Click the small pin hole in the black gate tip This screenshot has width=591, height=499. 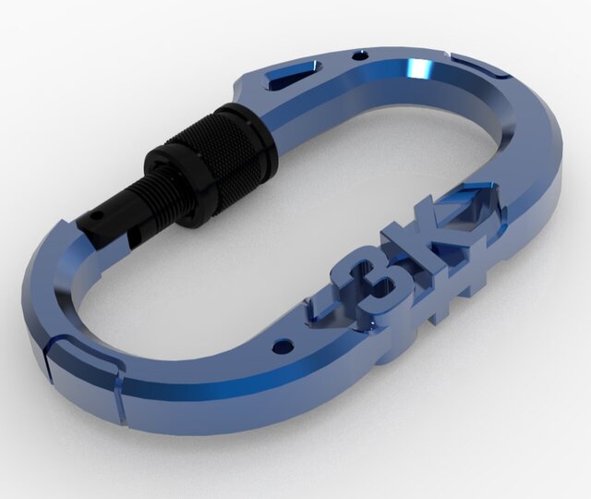(x=96, y=219)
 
